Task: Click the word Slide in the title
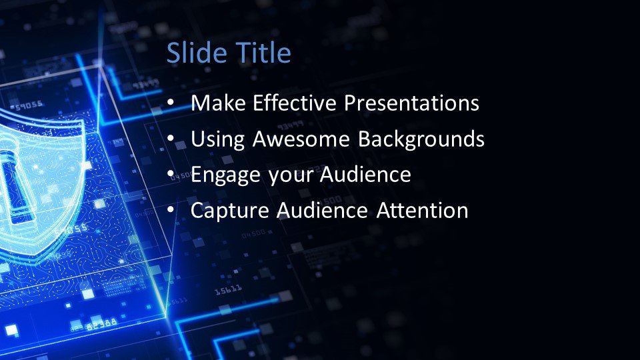[x=197, y=53]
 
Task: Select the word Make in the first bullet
[x=219, y=103]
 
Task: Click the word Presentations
[x=411, y=103]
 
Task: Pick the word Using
[x=217, y=139]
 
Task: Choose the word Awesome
[x=301, y=139]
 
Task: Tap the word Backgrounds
[x=421, y=139]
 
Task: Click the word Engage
[x=226, y=175]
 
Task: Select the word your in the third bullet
[x=290, y=176]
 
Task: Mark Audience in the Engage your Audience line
[x=365, y=174]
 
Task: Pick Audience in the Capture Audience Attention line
[x=323, y=210]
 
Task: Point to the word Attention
[x=422, y=210]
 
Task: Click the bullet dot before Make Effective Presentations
[x=171, y=102]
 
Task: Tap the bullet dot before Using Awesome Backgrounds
[x=171, y=139]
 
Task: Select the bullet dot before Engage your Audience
[x=171, y=174]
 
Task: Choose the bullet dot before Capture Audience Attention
[x=171, y=210]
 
